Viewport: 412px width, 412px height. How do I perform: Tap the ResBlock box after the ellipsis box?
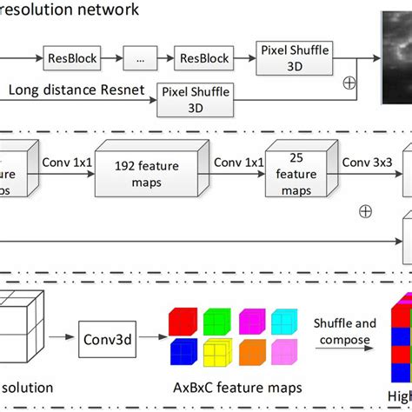point(203,58)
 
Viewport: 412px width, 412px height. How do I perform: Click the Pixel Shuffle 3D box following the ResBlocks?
point(294,57)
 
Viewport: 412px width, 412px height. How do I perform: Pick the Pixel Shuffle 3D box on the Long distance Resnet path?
point(194,100)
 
